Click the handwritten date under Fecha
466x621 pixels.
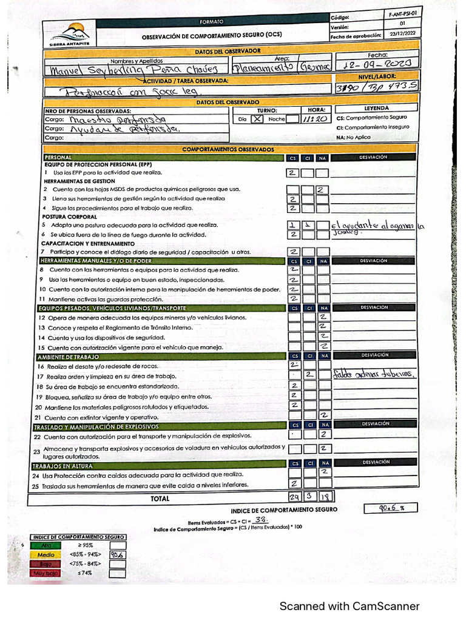coord(378,64)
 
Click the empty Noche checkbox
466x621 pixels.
coord(292,119)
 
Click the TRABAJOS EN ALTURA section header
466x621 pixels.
coord(61,465)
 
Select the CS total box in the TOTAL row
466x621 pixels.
coord(294,497)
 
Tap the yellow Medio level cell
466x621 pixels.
coord(46,554)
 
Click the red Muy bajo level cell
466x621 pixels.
coord(46,572)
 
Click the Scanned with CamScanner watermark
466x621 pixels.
coord(349,606)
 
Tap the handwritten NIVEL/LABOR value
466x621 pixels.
coord(377,87)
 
